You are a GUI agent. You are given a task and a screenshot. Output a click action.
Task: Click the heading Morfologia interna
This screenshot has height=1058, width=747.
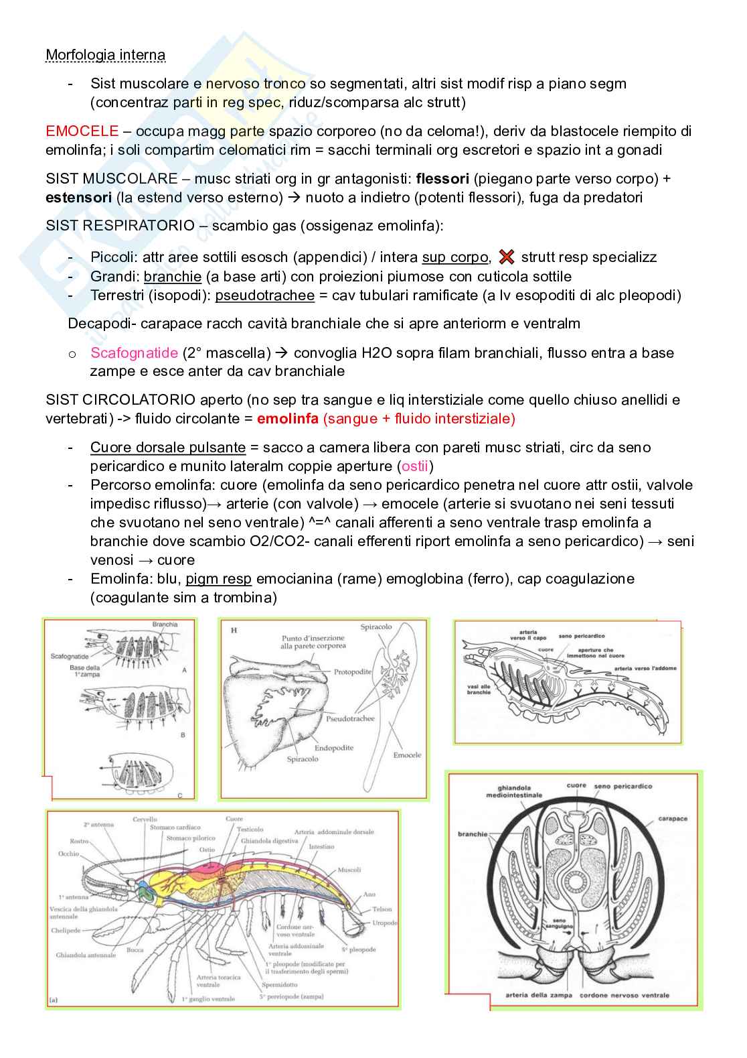click(x=105, y=55)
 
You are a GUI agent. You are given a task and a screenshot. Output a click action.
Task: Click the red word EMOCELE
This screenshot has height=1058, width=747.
click(x=82, y=131)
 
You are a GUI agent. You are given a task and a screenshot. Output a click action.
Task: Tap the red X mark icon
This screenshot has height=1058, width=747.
click(x=507, y=257)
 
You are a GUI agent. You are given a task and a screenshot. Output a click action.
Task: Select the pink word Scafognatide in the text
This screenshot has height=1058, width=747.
click(x=134, y=353)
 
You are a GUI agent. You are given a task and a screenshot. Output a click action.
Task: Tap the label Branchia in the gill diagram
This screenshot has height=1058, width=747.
click(x=165, y=624)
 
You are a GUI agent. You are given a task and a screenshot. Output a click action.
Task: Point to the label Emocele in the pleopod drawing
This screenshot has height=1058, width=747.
click(x=407, y=754)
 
